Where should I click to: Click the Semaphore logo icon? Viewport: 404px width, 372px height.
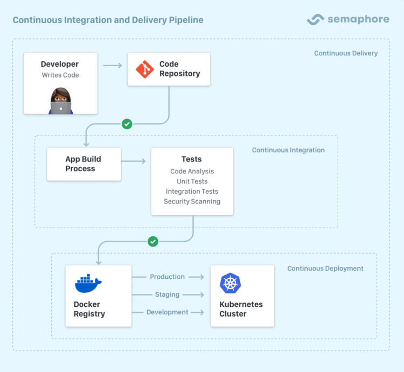pyautogui.click(x=315, y=19)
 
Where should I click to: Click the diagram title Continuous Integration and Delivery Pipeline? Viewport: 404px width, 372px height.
pyautogui.click(x=108, y=20)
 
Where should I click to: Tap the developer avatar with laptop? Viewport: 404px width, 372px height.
pyautogui.click(x=61, y=101)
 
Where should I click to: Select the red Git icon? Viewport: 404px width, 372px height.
pyautogui.click(x=144, y=69)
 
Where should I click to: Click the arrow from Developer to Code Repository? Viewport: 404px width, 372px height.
pyautogui.click(x=112, y=66)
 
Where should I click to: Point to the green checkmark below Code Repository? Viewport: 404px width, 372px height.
pyautogui.click(x=127, y=124)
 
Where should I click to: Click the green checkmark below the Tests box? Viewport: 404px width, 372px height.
pyautogui.click(x=153, y=241)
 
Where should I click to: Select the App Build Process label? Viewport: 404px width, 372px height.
pyautogui.click(x=83, y=164)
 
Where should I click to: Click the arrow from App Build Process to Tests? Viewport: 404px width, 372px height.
pyautogui.click(x=136, y=161)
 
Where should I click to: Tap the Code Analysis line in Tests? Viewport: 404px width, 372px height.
pyautogui.click(x=192, y=171)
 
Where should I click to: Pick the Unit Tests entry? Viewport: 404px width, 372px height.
pyautogui.click(x=192, y=181)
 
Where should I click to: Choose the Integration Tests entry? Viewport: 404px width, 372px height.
pyautogui.click(x=192, y=192)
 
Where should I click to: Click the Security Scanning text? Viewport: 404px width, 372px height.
pyautogui.click(x=192, y=201)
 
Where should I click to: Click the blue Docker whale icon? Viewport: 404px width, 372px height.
pyautogui.click(x=88, y=283)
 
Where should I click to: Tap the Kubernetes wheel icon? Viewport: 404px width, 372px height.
pyautogui.click(x=230, y=283)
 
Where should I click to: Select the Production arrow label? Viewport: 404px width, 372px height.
pyautogui.click(x=167, y=277)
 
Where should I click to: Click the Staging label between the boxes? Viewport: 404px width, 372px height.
pyautogui.click(x=167, y=294)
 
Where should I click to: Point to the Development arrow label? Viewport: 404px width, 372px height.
pyautogui.click(x=167, y=312)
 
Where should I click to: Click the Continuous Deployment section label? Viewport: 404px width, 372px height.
pyautogui.click(x=325, y=269)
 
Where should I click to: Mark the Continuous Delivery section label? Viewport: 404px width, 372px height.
pyautogui.click(x=346, y=53)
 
